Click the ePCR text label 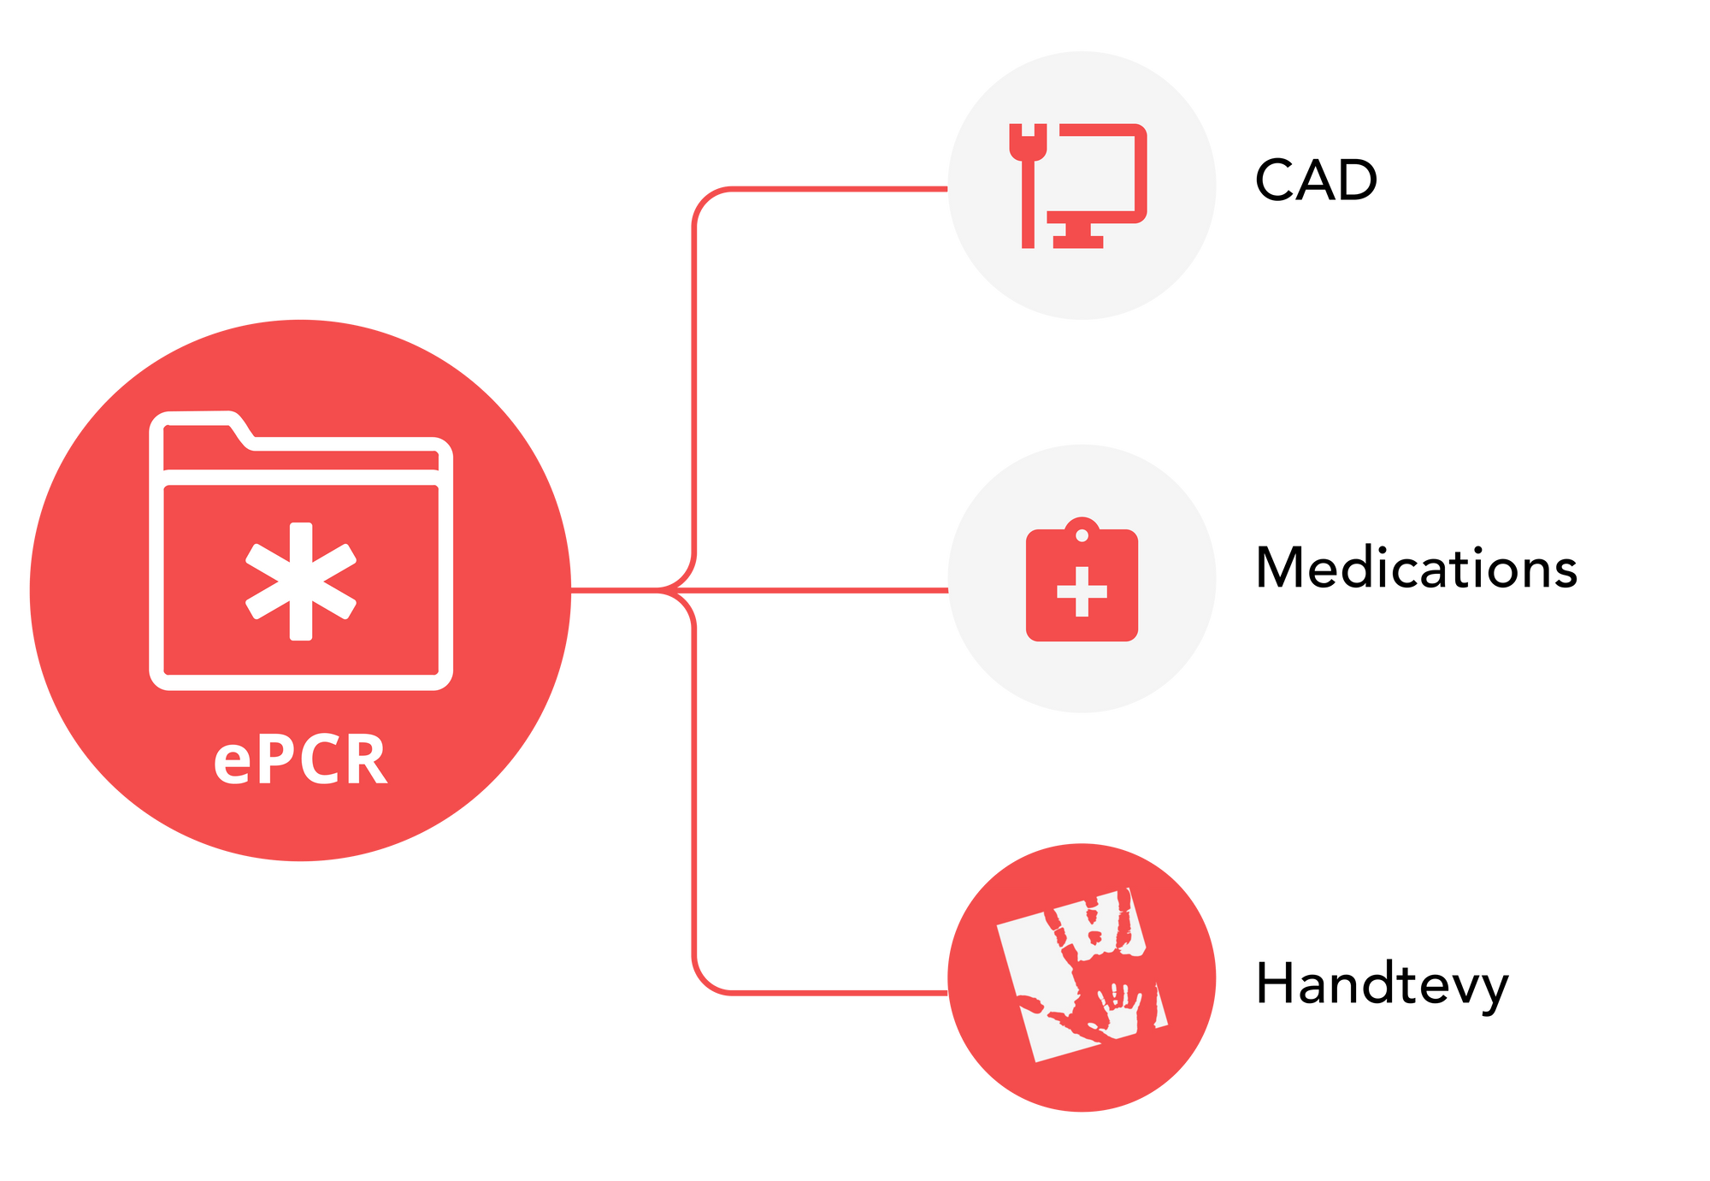300,760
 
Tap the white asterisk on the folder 300,581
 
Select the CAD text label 1316,180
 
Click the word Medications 1416,568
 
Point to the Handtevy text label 1382,985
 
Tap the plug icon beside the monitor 1028,184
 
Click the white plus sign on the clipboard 1082,591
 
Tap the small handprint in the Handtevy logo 1118,1009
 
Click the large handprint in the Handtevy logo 1094,941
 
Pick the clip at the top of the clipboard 1082,530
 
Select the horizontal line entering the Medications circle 821,590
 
